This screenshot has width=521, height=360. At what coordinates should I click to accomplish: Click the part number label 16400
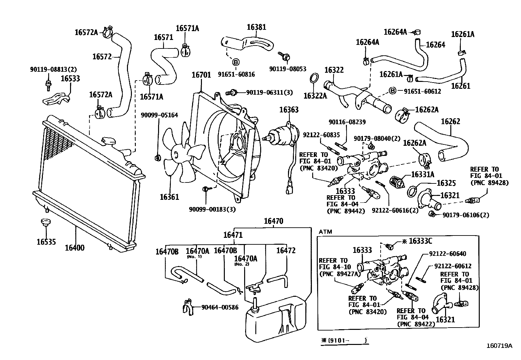coord(74,248)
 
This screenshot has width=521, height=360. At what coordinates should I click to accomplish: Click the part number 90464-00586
coord(220,307)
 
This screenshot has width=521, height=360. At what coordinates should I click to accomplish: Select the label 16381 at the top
coord(256,27)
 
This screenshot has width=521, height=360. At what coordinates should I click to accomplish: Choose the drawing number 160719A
coord(499,345)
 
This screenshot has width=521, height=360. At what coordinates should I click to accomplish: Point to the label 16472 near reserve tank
coord(286,251)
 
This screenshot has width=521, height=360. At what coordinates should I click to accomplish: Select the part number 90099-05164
coord(159,115)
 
